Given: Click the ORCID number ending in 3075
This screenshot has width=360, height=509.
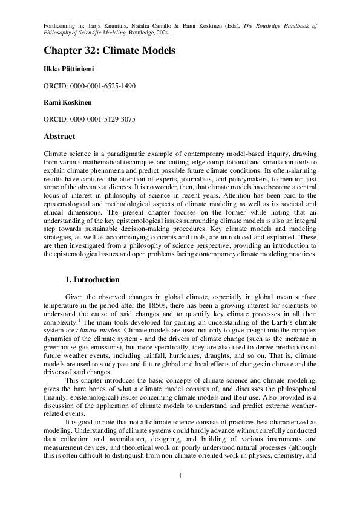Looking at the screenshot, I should (105, 119).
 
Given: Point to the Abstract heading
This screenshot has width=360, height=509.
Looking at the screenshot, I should (60, 137).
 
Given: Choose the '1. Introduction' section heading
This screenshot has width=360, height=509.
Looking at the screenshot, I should (92, 280).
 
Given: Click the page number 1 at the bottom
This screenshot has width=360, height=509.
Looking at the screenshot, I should (180, 476).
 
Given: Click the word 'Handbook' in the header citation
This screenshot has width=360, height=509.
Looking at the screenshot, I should (287, 26).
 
